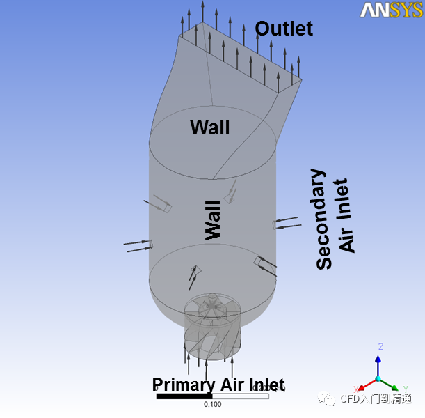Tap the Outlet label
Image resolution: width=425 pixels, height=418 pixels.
tap(284, 29)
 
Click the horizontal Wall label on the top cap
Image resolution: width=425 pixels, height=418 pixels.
tap(209, 127)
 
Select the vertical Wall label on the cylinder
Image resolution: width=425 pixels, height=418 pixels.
tap(213, 221)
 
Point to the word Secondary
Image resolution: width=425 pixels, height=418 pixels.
tap(324, 219)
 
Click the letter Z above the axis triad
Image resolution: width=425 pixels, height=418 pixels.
tap(380, 346)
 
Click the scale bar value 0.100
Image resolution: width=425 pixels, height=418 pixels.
tap(213, 404)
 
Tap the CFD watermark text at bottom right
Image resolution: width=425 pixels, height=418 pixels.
tap(375, 399)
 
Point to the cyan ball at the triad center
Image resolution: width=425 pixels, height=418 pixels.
tap(378, 379)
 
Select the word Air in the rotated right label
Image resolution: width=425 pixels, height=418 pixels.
tap(346, 238)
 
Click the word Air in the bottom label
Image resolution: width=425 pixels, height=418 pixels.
tap(230, 385)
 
